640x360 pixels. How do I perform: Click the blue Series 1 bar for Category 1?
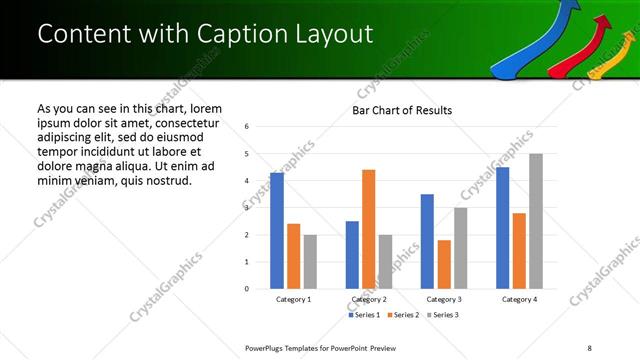[x=277, y=231]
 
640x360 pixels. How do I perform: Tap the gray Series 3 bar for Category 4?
[x=536, y=221]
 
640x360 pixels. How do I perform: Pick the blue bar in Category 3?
[x=427, y=241]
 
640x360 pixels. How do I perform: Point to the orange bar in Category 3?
[x=444, y=264]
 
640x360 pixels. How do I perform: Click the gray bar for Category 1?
[x=310, y=262]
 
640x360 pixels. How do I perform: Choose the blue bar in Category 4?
[x=502, y=228]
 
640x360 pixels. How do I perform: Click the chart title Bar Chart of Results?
[x=402, y=110]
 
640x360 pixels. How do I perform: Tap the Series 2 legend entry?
[x=403, y=316]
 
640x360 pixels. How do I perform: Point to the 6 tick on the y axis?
[x=247, y=127]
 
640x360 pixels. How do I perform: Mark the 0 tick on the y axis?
[x=247, y=289]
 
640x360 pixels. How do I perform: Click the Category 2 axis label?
[x=369, y=300]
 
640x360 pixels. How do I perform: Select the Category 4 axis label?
[x=519, y=300]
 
